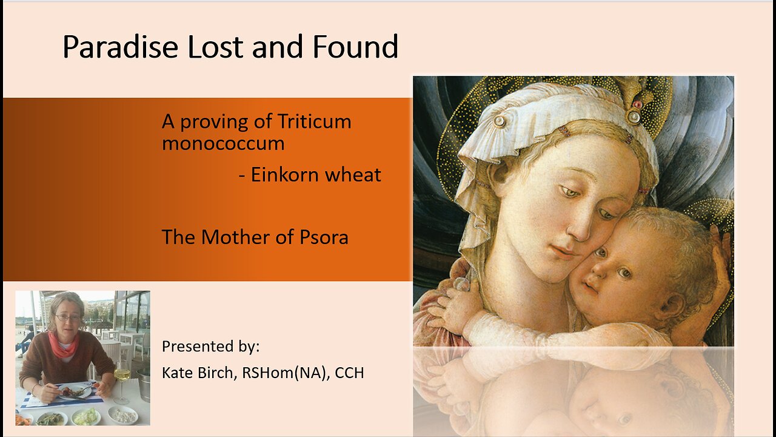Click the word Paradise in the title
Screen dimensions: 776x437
pyautogui.click(x=120, y=47)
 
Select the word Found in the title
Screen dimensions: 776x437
pyautogui.click(x=355, y=47)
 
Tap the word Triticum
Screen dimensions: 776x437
pyautogui.click(x=314, y=121)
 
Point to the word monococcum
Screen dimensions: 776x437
pyautogui.click(x=223, y=143)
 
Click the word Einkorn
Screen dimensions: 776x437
pyautogui.click(x=284, y=174)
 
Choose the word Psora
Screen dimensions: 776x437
pyautogui.click(x=324, y=237)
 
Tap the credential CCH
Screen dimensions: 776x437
pyautogui.click(x=350, y=373)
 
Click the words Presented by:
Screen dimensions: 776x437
pyautogui.click(x=210, y=347)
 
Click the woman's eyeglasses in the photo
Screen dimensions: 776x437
pyautogui.click(x=68, y=317)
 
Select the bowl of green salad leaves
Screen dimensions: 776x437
pyautogui.click(x=85, y=416)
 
